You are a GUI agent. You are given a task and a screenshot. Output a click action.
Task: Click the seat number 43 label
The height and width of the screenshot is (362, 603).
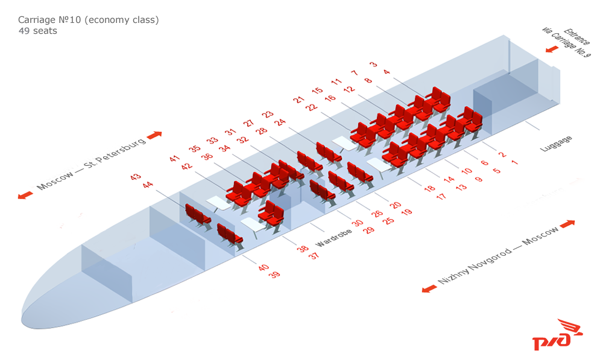135,177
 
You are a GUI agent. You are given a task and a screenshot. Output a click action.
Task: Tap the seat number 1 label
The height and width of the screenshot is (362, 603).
514,162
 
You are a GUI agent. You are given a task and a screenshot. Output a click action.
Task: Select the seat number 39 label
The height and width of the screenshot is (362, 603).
274,275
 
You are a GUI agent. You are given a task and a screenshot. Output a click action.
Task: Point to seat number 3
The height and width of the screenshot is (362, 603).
373,64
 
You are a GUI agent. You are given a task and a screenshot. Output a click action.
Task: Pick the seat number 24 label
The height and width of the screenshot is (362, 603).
281,122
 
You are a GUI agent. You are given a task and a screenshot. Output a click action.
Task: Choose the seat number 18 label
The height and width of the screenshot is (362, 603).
429,188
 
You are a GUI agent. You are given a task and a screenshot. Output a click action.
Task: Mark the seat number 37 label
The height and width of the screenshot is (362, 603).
314,256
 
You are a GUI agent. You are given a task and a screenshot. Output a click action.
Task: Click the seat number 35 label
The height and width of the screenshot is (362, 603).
195,148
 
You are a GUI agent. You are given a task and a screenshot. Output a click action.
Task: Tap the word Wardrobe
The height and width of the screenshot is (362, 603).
333,238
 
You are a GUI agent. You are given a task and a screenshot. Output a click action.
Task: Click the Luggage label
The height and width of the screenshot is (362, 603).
556,144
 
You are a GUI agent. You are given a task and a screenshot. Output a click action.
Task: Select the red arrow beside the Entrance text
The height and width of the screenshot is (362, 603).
552,49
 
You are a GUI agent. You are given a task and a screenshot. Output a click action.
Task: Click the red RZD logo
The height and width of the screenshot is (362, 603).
557,334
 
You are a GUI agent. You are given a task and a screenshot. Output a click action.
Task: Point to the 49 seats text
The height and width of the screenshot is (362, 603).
37,31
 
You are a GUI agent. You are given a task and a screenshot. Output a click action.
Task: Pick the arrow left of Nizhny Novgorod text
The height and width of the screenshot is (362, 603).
429,289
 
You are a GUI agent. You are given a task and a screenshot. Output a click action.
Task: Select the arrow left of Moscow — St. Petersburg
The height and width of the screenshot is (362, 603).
25,195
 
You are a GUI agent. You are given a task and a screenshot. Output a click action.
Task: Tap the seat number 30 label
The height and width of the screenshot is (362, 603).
357,223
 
